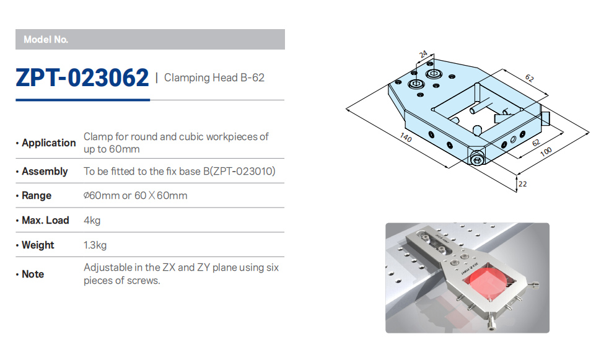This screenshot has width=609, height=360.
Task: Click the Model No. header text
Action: (x=46, y=40)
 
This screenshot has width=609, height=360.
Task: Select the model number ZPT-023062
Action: (x=82, y=77)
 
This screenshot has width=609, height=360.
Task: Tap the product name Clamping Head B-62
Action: (x=214, y=77)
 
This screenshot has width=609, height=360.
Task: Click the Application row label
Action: (x=48, y=143)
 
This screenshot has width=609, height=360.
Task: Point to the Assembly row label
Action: (x=45, y=171)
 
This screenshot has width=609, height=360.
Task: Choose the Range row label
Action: (x=37, y=195)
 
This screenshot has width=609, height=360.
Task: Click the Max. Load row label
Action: (x=45, y=220)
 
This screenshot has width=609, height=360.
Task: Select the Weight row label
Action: (x=38, y=245)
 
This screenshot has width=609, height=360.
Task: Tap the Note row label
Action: (x=33, y=274)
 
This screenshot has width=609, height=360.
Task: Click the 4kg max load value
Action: (x=92, y=221)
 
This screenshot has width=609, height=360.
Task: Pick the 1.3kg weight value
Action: (x=95, y=245)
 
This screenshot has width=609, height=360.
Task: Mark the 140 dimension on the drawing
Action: (x=405, y=137)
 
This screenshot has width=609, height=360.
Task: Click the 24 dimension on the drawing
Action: (x=423, y=54)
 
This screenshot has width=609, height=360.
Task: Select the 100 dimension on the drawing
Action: (x=546, y=151)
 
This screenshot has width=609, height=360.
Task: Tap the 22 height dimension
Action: (x=523, y=184)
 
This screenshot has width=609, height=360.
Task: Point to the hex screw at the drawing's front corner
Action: (x=477, y=159)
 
